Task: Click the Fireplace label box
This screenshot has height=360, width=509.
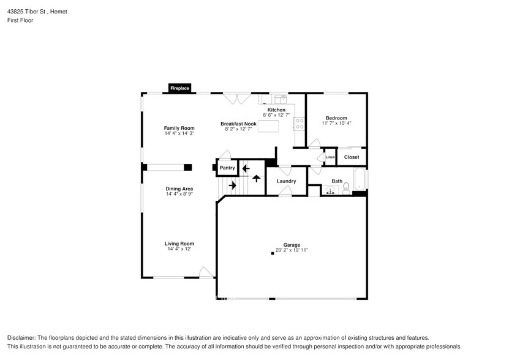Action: (x=179, y=89)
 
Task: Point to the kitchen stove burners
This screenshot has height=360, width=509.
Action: (x=300, y=123)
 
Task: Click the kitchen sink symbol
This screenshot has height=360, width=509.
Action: (x=281, y=99)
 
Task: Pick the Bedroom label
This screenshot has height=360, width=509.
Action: (x=336, y=118)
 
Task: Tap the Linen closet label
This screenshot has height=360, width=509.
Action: (x=330, y=157)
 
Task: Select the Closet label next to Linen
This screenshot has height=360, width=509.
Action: (x=352, y=157)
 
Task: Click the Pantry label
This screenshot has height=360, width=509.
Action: (x=227, y=168)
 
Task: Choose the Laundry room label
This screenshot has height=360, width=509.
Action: (x=286, y=181)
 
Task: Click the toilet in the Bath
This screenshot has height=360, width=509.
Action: (x=346, y=187)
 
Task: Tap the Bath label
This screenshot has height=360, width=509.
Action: (x=337, y=181)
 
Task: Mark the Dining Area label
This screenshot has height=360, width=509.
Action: (x=179, y=189)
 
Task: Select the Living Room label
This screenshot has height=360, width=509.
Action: (x=180, y=244)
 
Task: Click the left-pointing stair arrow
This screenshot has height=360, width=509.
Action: (x=246, y=168)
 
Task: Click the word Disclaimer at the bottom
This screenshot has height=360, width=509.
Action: (x=21, y=338)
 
